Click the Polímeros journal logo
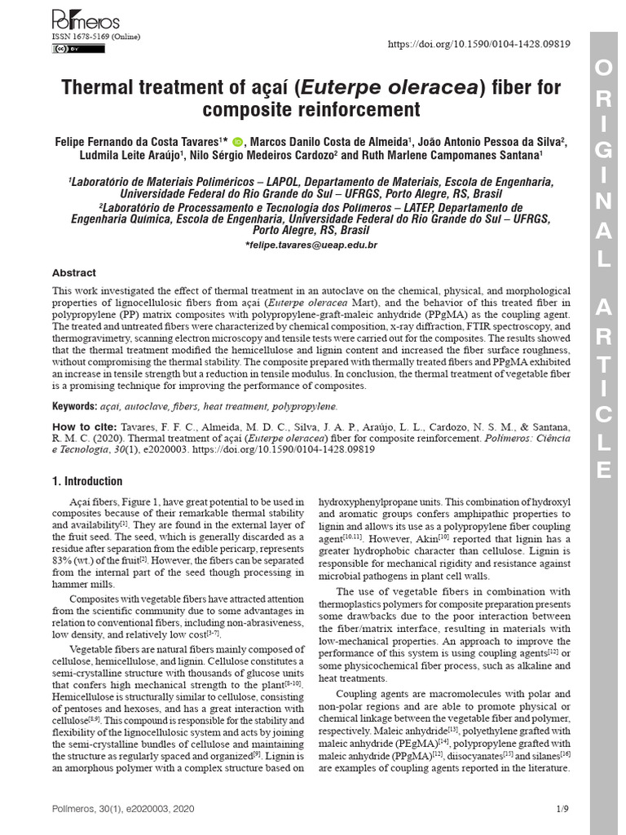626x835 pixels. (x=86, y=20)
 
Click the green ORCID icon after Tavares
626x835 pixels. (x=237, y=140)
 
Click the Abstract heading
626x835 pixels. (x=74, y=273)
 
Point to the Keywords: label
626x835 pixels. (x=74, y=405)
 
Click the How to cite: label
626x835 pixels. (x=85, y=426)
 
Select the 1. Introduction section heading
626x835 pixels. (x=87, y=481)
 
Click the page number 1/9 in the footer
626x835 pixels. (x=562, y=809)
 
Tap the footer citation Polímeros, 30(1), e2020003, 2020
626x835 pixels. (x=124, y=809)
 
